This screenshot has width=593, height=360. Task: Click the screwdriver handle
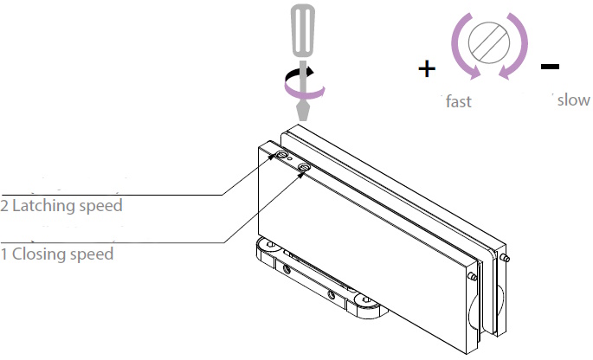(x=302, y=30)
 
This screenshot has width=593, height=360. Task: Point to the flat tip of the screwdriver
(x=302, y=112)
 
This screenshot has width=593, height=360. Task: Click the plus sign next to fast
(x=426, y=69)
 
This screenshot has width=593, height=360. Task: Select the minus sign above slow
(x=550, y=66)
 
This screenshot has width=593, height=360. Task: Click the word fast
(x=458, y=101)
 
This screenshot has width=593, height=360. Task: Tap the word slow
(x=573, y=100)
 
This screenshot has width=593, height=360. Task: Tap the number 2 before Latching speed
(x=4, y=206)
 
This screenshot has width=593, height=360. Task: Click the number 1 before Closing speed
(x=4, y=254)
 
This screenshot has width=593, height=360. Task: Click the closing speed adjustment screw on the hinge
(x=304, y=167)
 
